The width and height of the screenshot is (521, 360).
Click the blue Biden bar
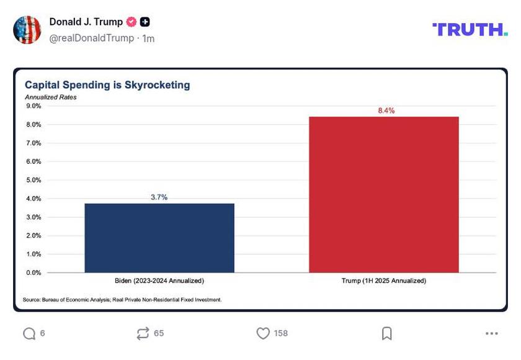pyautogui.click(x=159, y=238)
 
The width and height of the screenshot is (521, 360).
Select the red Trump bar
pyautogui.click(x=383, y=194)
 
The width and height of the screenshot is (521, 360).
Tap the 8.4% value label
pyautogui.click(x=386, y=110)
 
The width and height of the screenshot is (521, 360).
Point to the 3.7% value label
pyautogui.click(x=159, y=197)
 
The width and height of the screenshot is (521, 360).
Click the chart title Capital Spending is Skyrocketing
pyautogui.click(x=107, y=85)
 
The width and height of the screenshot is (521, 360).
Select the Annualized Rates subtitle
pyautogui.click(x=50, y=97)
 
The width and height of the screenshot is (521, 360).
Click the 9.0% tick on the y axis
pyautogui.click(x=33, y=106)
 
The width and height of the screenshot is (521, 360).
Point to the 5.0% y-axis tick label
pyautogui.click(x=33, y=180)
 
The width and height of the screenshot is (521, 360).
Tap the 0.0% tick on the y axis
pyautogui.click(x=33, y=272)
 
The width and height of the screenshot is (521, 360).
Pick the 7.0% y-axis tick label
pyautogui.click(x=33, y=143)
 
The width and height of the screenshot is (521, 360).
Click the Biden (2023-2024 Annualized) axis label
pyautogui.click(x=159, y=281)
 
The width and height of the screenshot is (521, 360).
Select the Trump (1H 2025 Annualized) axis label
pyautogui.click(x=384, y=281)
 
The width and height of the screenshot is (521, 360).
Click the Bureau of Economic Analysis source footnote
pyautogui.click(x=122, y=300)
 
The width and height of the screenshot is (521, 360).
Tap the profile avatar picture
pyautogui.click(x=27, y=30)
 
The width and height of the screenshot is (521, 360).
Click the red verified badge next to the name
pyautogui.click(x=131, y=22)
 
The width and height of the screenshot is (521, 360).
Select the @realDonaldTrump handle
pyautogui.click(x=91, y=38)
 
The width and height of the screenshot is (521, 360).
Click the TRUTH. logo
pyautogui.click(x=470, y=29)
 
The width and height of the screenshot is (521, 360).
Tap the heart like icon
pyautogui.click(x=263, y=333)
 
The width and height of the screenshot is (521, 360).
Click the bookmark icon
pyautogui.click(x=387, y=333)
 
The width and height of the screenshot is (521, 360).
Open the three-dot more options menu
pyautogui.click(x=492, y=333)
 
